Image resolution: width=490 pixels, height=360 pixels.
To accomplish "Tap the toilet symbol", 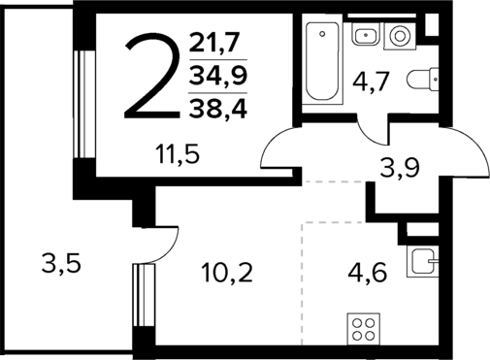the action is tap(423, 80).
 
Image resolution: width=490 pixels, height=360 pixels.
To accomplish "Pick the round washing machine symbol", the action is tap(400, 38).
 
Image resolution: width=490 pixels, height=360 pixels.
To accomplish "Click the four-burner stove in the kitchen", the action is tap(364, 330).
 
